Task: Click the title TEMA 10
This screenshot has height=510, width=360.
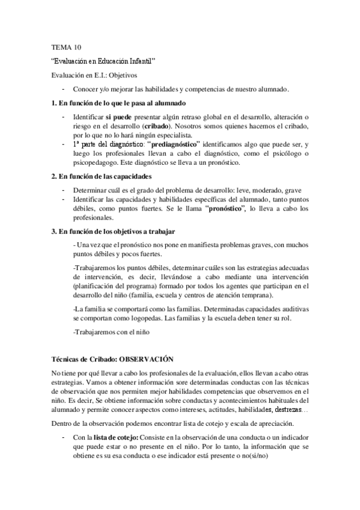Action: [x=63, y=46]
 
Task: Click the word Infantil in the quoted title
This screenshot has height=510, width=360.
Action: [x=140, y=61]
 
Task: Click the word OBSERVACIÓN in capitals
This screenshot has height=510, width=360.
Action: [x=147, y=359]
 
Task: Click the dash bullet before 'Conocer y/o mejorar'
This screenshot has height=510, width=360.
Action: [x=63, y=89]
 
